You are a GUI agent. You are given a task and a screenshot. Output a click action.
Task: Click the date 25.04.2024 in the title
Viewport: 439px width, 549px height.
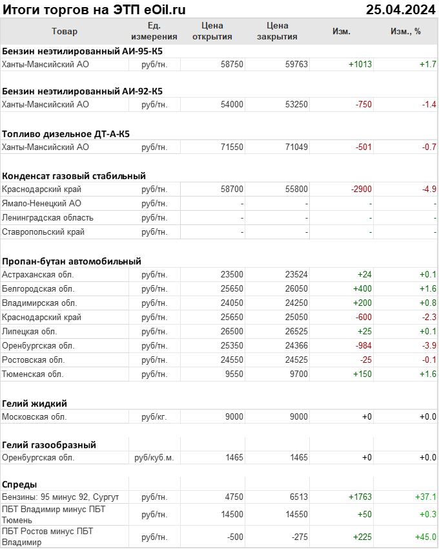(x=400, y=10)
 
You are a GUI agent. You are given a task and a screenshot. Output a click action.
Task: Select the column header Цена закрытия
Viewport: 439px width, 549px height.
(x=277, y=31)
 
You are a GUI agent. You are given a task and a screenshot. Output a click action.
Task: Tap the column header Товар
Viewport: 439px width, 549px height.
(x=64, y=31)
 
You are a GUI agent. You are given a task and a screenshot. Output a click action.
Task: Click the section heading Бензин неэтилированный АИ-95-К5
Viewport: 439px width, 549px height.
(x=82, y=50)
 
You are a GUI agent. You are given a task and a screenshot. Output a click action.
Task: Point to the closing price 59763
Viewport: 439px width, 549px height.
(x=296, y=65)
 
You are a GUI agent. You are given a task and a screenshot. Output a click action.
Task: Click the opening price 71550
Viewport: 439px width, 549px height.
(x=232, y=147)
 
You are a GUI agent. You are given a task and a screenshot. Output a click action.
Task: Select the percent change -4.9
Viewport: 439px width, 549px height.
(x=428, y=189)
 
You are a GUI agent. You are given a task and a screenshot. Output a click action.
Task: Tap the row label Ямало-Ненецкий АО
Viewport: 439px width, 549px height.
(x=41, y=204)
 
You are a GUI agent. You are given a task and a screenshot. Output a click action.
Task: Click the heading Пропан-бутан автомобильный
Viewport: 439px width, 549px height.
(x=72, y=261)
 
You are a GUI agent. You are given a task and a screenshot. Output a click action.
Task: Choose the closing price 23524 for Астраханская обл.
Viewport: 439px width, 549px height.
(x=296, y=275)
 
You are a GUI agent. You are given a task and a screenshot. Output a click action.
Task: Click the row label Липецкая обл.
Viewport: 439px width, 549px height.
(x=28, y=332)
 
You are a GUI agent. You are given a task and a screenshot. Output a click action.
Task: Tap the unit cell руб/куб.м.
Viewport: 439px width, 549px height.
(x=154, y=458)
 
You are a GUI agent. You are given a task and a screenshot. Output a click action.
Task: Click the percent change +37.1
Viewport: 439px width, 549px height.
(x=425, y=497)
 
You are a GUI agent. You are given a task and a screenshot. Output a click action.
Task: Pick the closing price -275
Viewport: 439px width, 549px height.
(x=298, y=537)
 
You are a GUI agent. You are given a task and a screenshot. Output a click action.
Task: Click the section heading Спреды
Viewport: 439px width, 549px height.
(x=19, y=484)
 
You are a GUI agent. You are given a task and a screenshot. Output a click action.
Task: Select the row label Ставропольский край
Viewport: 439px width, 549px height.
(x=43, y=232)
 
